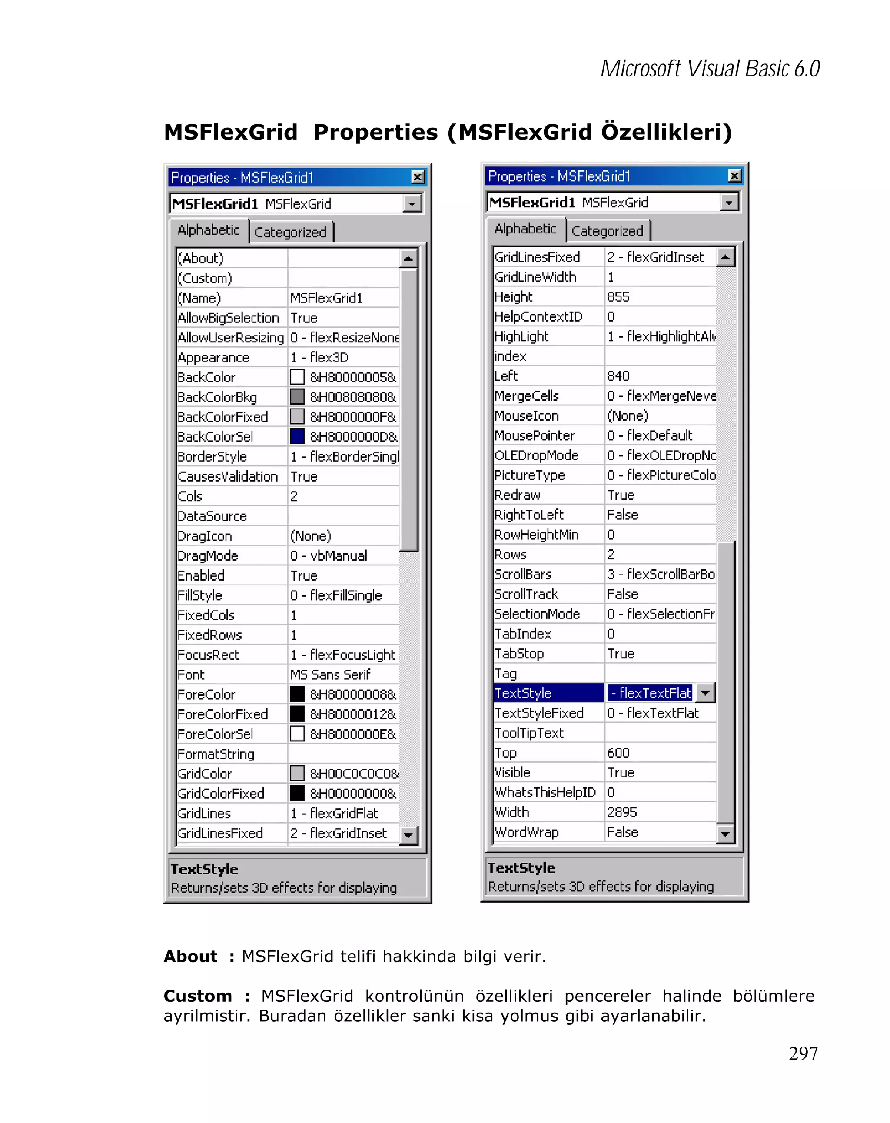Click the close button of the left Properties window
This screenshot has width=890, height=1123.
click(417, 177)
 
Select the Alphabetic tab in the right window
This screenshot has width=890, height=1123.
click(525, 229)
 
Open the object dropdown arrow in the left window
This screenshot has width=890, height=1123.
click(412, 204)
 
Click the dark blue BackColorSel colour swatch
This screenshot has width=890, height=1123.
click(297, 436)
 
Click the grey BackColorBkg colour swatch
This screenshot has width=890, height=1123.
click(297, 397)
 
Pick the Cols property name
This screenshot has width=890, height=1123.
click(190, 496)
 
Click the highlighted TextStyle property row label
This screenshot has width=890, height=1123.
click(523, 693)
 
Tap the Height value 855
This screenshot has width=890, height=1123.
click(618, 297)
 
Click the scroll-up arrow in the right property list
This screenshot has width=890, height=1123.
click(725, 257)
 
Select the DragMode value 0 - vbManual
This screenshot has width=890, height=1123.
click(329, 556)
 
